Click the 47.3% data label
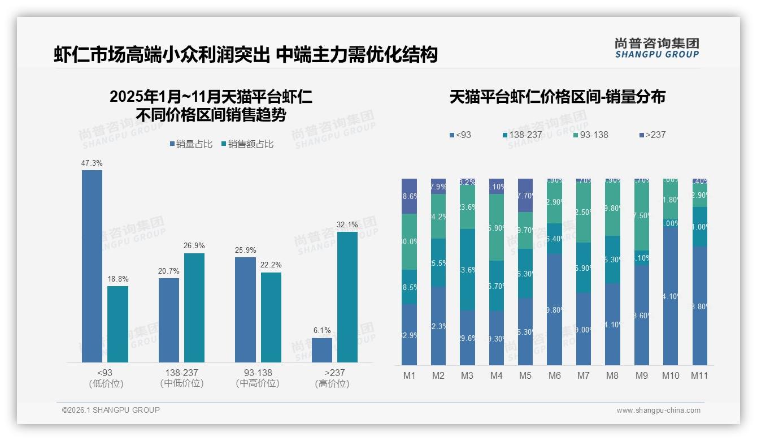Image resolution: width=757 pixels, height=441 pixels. tap(92, 163)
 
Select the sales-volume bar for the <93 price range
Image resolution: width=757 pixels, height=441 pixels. tap(92, 266)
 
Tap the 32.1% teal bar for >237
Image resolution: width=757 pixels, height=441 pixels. tap(347, 297)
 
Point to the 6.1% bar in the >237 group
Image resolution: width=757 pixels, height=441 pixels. tap(321, 351)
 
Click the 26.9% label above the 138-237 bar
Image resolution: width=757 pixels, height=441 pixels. tap(194, 246)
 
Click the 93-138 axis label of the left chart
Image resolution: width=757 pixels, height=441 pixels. tap(258, 373)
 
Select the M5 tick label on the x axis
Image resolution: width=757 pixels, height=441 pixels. tap(525, 375)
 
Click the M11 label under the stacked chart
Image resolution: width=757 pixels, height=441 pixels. tap(699, 375)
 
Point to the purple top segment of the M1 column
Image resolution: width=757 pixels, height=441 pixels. tap(409, 196)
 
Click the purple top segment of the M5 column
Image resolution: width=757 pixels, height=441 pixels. tap(525, 195)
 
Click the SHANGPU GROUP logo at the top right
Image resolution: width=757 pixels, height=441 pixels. tap(656, 48)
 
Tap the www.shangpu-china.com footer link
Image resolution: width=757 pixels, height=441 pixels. tap(658, 410)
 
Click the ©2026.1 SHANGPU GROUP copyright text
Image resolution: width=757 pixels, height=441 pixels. tap(111, 410)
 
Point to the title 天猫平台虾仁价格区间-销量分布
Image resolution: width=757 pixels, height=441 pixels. tap(557, 97)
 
